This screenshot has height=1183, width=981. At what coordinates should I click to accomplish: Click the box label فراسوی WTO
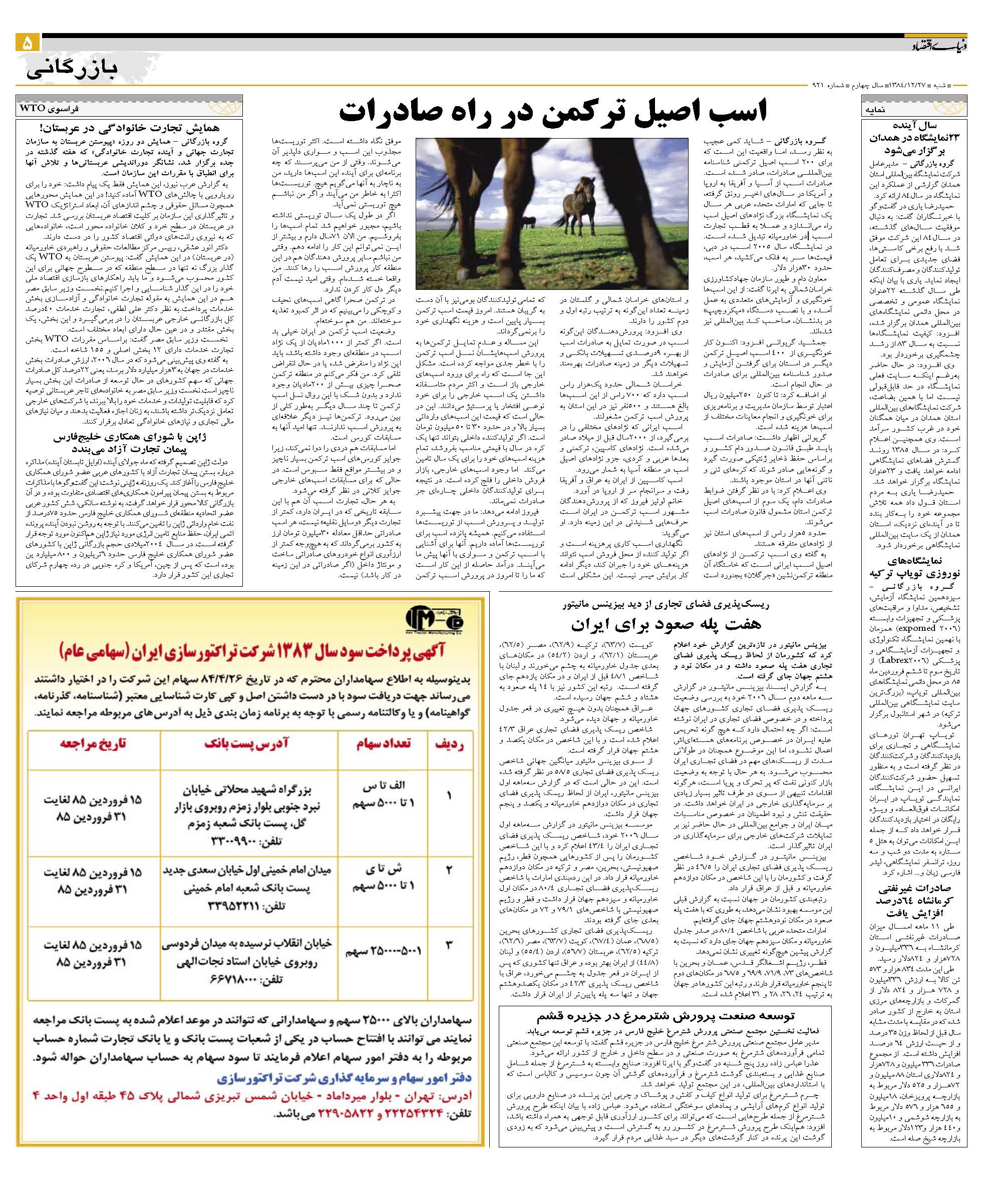[51, 107]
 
